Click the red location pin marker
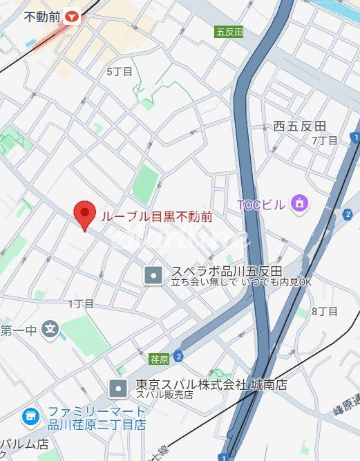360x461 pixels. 85,215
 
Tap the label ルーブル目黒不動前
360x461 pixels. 157,216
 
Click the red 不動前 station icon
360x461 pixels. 73,18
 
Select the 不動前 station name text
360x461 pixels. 42,18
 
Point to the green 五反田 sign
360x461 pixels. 229,32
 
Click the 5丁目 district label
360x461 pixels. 120,71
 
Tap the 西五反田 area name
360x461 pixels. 299,126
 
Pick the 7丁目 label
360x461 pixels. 324,140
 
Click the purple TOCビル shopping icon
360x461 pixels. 299,203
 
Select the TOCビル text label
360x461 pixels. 260,204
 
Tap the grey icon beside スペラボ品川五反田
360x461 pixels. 153,276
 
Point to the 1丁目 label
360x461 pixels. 81,303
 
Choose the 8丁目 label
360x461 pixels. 324,311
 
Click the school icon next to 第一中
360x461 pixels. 50,328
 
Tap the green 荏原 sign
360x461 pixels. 159,358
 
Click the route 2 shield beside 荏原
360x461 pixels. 179,357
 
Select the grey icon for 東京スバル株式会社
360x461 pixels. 119,388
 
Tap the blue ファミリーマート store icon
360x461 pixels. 30,416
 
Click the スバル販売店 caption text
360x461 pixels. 164,395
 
